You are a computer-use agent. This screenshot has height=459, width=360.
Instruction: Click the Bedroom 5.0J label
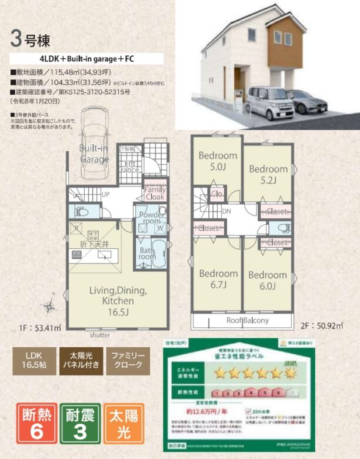tap(217, 161)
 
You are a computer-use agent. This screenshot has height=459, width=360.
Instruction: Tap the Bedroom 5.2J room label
tap(268, 174)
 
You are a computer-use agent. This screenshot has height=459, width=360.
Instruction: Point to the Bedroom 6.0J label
tap(267, 280)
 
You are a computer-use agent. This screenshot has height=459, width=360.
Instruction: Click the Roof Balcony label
tap(248, 321)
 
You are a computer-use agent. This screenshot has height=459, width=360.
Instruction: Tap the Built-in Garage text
tap(94, 154)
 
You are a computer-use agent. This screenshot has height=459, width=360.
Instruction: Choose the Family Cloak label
tap(155, 194)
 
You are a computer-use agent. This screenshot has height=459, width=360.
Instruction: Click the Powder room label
tap(151, 219)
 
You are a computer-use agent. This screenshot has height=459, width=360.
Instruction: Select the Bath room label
tap(148, 253)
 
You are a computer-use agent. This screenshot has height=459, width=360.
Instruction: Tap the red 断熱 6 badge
tap(38, 423)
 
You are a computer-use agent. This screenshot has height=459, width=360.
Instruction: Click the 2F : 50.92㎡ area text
tap(322, 325)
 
